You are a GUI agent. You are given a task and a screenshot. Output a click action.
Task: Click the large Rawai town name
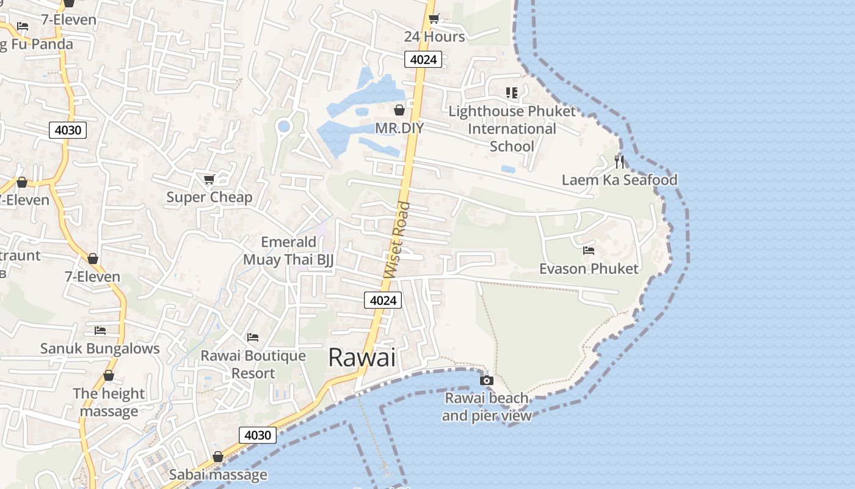point(362,358)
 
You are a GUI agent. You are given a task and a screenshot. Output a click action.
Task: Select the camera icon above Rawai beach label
point(487,380)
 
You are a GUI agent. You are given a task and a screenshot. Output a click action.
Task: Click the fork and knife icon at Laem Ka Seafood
point(619,162)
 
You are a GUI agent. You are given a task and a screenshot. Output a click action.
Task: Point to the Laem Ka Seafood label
point(619,180)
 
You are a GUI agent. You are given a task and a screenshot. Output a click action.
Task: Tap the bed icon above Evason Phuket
point(589,251)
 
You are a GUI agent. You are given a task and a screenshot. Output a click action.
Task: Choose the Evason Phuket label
point(589,268)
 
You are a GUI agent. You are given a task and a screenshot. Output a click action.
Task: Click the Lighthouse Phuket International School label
point(512,129)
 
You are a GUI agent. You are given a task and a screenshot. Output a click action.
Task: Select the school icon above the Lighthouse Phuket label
point(511,93)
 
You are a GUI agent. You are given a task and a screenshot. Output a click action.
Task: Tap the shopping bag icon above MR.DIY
point(399,110)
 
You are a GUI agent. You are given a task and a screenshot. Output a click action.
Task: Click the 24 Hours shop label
point(434,37)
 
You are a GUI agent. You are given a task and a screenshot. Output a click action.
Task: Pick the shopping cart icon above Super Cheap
point(209,179)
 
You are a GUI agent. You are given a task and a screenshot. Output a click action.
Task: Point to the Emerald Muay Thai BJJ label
point(289,251)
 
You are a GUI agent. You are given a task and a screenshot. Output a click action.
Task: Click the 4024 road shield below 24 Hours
point(423,59)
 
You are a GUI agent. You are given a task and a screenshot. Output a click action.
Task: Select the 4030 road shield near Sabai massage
point(257,435)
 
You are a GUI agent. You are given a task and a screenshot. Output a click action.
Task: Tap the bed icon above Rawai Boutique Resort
point(253,337)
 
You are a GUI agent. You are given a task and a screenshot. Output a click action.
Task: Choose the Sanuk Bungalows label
point(100,348)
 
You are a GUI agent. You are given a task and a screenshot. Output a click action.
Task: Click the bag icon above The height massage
point(109,375)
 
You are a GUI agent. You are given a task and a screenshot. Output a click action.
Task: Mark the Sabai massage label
point(218,474)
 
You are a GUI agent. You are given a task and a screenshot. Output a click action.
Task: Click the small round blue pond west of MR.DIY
point(283,127)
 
